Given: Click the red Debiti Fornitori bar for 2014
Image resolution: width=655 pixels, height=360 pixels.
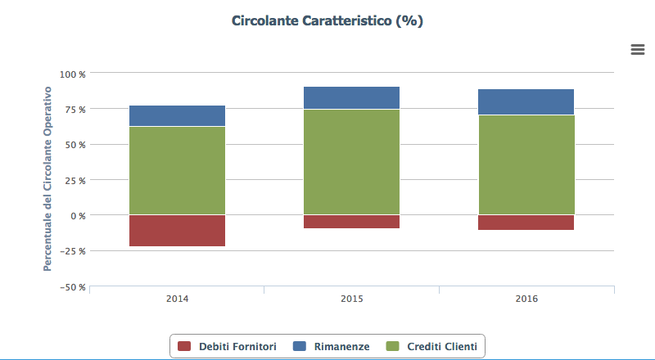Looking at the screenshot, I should [177, 231].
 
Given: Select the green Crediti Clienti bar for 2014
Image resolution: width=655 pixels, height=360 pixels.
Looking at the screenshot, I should [177, 170].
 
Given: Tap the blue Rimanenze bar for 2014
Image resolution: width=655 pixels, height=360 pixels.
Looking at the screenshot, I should [177, 115].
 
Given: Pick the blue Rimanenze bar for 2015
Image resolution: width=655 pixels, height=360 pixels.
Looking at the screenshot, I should [351, 97].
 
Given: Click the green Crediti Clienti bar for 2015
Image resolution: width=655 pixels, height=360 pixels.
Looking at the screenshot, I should [351, 162].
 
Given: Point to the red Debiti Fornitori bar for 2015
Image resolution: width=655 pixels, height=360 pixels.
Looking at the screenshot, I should [351, 222].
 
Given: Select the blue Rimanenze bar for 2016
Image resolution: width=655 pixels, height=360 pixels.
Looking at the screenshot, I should [526, 101].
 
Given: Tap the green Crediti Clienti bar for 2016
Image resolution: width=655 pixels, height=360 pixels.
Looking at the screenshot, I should [526, 164].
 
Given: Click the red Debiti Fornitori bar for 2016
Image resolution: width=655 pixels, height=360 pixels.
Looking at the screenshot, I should [526, 223].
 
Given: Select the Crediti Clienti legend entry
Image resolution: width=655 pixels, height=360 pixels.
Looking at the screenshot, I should [434, 347].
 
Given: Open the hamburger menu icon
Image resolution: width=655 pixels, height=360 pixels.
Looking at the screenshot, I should [638, 49].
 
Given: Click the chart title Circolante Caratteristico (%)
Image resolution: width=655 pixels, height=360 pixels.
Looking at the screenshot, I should [327, 20].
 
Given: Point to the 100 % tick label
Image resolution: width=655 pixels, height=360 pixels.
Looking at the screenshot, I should [74, 74].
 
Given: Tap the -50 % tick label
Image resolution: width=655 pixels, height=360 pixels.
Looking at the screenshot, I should [74, 286].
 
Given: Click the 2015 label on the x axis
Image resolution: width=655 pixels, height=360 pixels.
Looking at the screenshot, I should [351, 299].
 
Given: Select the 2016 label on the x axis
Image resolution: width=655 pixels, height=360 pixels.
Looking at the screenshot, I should [526, 299].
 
